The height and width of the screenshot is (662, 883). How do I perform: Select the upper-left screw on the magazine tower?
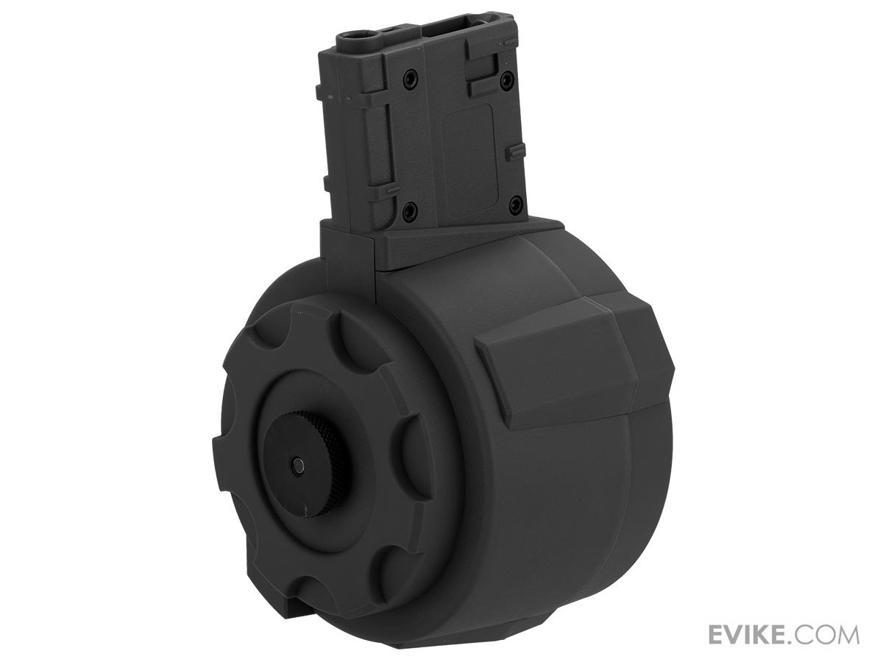(409, 75)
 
